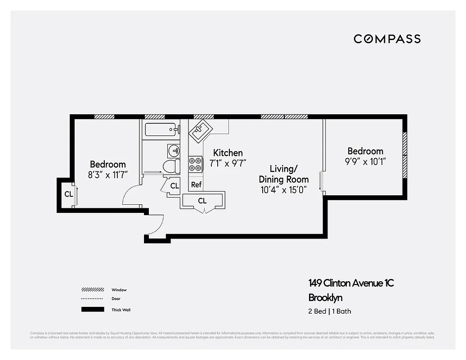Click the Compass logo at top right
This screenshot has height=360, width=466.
387,39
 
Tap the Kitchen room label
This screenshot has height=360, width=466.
228,153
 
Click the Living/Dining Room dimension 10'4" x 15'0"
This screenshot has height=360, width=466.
283,190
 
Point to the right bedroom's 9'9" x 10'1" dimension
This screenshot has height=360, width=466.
365,162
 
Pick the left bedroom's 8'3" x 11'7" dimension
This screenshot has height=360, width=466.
108,175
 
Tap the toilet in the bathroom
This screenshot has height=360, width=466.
171,166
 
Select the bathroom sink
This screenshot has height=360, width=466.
174,150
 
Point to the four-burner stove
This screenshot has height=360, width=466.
196,164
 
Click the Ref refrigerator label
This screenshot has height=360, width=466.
196,184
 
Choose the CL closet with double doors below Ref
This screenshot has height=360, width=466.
202,201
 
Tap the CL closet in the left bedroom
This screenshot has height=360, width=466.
68,194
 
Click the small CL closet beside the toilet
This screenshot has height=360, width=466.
174,186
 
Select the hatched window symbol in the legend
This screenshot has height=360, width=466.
93,290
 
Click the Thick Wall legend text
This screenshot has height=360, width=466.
121,310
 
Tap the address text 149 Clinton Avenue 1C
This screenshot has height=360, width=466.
351,283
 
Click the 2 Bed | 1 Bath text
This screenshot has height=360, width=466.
330,311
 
